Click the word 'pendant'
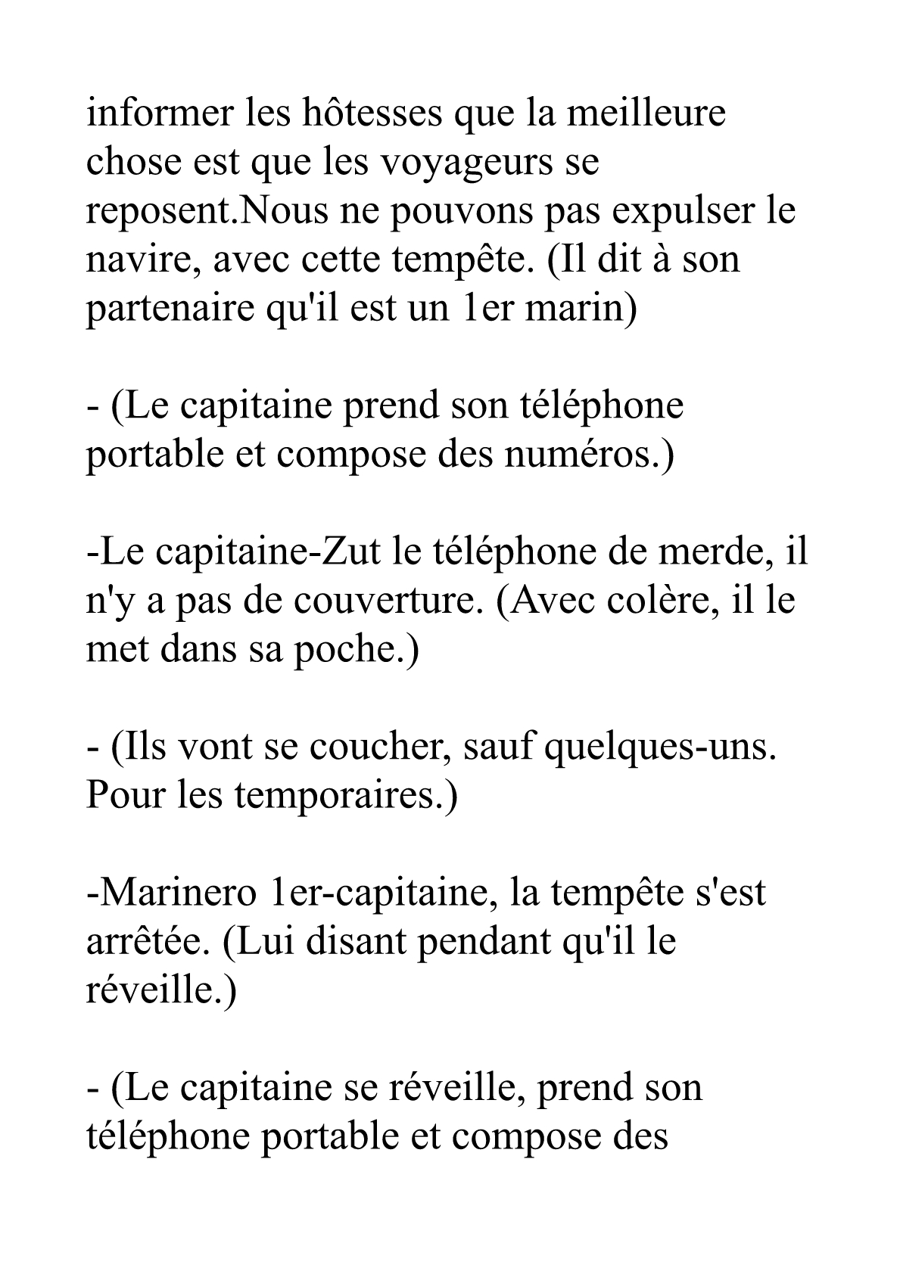(x=478, y=943)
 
